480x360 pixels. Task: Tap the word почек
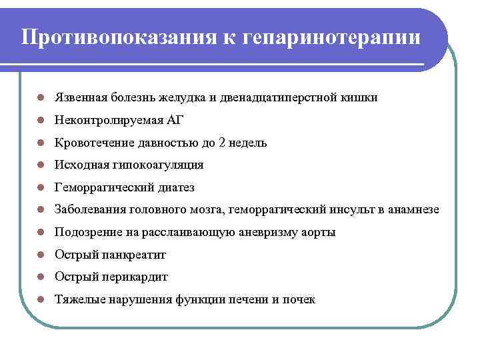pyautogui.click(x=299, y=300)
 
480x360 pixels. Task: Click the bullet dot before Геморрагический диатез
pyautogui.click(x=41, y=188)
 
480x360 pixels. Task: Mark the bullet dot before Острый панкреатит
pyautogui.click(x=41, y=255)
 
